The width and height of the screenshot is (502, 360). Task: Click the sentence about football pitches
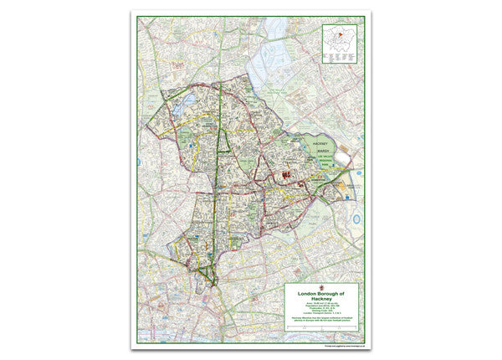tap(321, 321)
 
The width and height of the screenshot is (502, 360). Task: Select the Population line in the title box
tap(321, 308)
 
